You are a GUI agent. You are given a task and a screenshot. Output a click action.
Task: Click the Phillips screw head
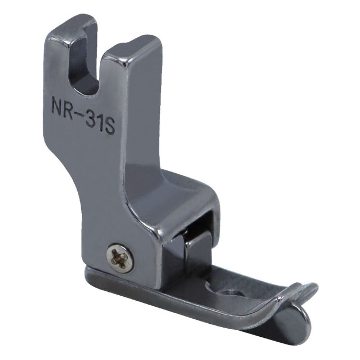tap(120, 258)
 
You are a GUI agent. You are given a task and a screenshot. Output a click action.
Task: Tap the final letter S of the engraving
tap(110, 127)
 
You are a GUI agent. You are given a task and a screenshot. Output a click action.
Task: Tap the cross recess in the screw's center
tap(120, 258)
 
